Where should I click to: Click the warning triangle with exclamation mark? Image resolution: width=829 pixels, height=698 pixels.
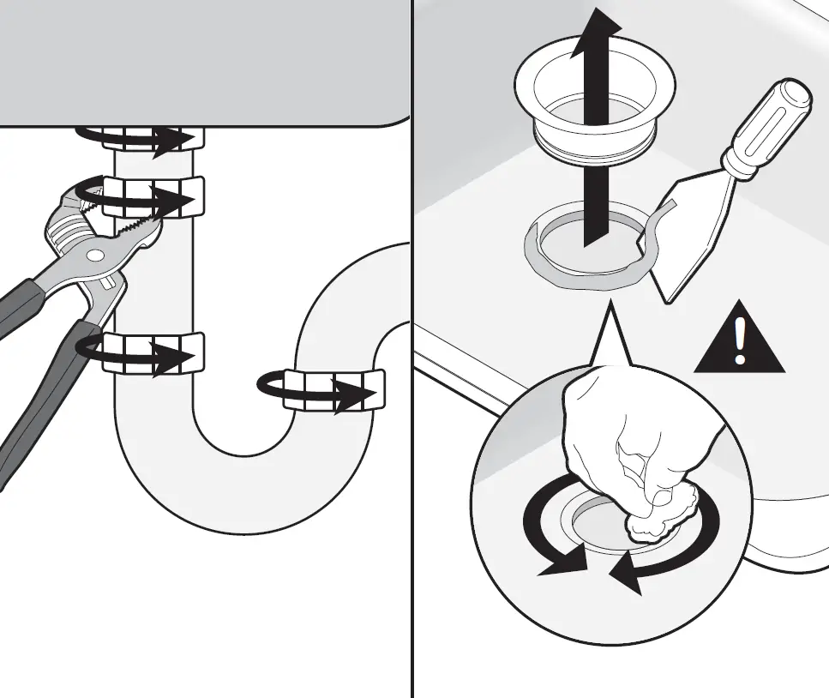(739, 341)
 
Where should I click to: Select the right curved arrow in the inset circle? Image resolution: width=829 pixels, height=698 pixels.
(677, 549)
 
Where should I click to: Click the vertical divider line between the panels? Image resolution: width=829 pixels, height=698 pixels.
(413, 514)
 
